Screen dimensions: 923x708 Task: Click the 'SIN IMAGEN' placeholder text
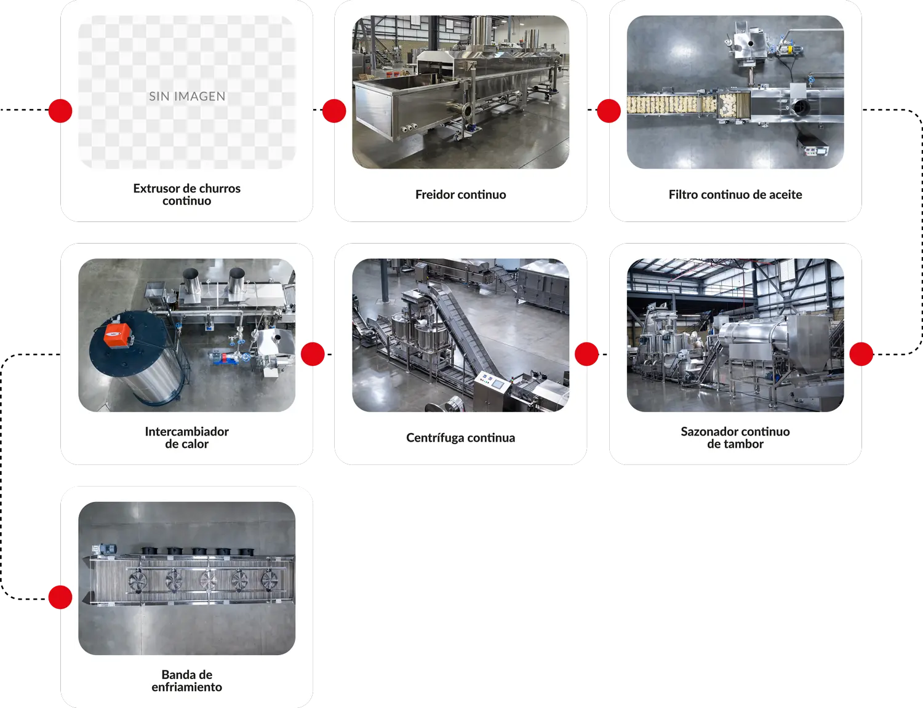point(187,97)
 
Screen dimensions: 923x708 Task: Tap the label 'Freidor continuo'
point(460,194)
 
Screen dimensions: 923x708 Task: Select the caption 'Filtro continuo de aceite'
point(735,194)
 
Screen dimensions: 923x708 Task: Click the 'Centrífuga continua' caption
point(460,437)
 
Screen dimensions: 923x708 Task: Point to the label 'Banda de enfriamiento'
point(187,681)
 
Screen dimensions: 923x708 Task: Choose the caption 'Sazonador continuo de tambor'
point(735,437)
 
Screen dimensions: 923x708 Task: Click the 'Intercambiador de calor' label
point(187,437)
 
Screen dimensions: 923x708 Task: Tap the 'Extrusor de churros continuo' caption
point(187,194)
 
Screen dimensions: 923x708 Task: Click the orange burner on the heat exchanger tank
point(118,335)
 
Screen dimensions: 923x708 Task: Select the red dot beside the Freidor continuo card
point(334,111)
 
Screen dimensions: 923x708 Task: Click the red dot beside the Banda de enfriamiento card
point(60,597)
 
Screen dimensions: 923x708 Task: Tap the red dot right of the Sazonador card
point(861,354)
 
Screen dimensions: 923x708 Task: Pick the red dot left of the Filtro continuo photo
point(609,111)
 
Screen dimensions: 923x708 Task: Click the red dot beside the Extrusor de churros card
point(60,111)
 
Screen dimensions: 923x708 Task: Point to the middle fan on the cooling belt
point(208,580)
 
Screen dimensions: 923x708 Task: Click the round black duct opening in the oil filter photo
point(801,107)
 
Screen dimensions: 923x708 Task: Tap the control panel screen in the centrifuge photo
point(497,384)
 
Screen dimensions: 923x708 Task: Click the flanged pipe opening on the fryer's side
point(467,111)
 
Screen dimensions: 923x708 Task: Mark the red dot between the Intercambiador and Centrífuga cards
point(313,354)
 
